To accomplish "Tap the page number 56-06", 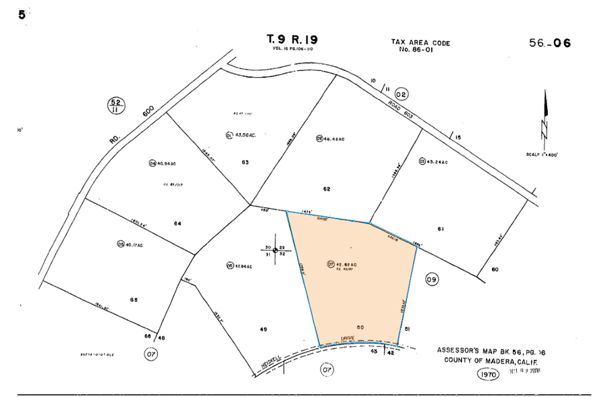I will tap(550, 43).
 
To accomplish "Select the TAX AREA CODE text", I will tap(420, 43).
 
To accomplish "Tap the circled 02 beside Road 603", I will tap(402, 94).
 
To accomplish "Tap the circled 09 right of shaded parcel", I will tap(433, 278).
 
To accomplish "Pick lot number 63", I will tap(245, 162).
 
